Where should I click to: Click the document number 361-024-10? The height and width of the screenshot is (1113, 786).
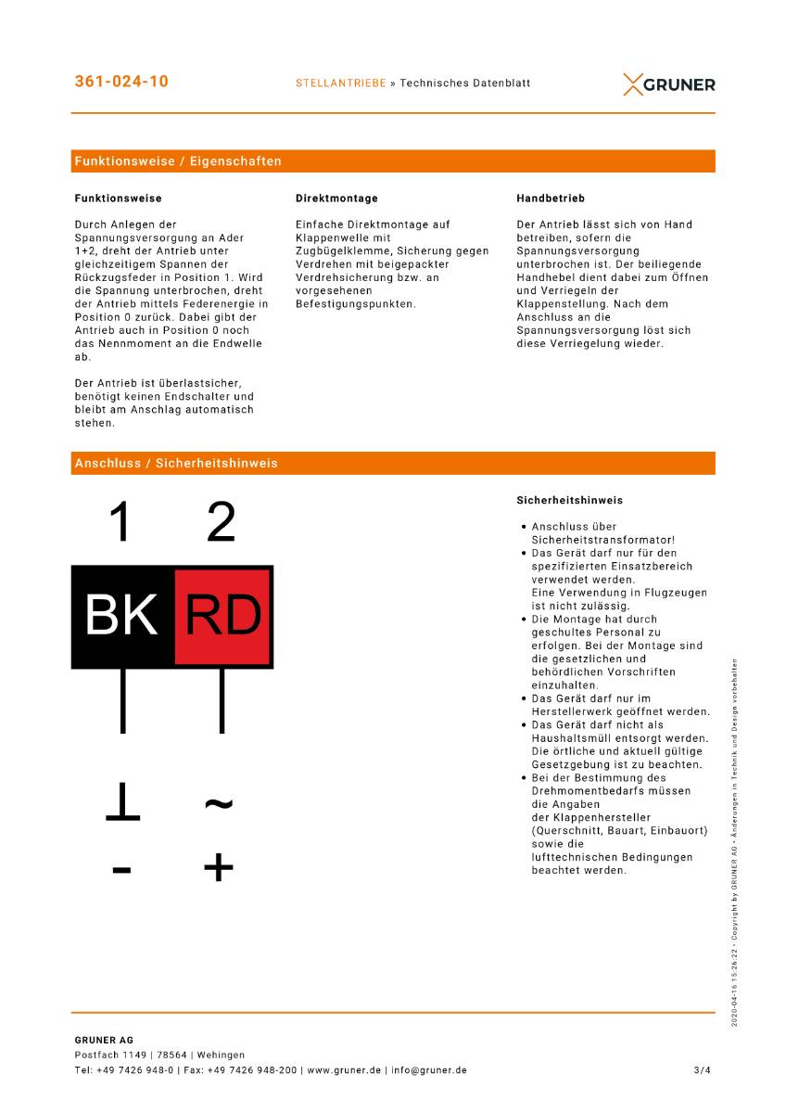click(x=121, y=82)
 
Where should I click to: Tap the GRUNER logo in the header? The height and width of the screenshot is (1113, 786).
click(x=669, y=84)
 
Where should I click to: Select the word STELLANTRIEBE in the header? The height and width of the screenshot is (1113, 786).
click(x=340, y=83)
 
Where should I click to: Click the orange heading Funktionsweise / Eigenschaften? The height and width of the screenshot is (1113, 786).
click(x=178, y=161)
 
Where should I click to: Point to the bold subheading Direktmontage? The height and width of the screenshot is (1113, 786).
click(x=336, y=198)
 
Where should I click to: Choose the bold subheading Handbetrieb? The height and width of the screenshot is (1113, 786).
click(x=551, y=198)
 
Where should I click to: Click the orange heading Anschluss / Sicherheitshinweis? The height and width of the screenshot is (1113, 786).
click(x=176, y=463)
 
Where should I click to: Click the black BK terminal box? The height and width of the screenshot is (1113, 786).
click(x=122, y=616)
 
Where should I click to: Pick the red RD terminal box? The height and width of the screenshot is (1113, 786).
click(x=223, y=616)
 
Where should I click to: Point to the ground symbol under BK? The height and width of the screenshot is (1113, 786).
click(x=122, y=803)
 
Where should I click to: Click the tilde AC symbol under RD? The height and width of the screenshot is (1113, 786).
click(x=219, y=802)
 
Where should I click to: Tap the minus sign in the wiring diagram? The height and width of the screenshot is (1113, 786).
click(x=121, y=870)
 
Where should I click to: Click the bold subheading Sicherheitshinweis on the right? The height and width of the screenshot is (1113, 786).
click(x=570, y=501)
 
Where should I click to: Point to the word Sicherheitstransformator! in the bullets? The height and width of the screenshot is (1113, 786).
click(x=603, y=540)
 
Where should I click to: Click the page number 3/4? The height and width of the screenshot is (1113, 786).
click(x=702, y=1070)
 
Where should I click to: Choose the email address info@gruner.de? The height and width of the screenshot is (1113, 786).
click(x=428, y=1070)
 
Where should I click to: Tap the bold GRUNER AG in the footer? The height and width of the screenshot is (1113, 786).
click(x=104, y=1040)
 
